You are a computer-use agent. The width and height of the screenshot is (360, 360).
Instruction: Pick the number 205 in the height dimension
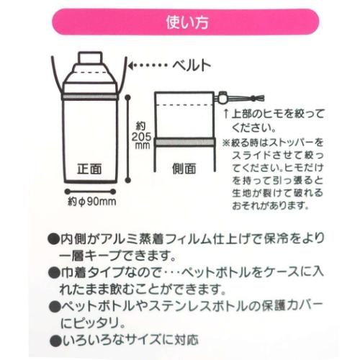[x=140, y=137]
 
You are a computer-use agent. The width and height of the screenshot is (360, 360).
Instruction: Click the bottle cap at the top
[x=89, y=55]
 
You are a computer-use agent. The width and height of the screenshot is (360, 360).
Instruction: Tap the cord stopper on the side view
[x=224, y=96]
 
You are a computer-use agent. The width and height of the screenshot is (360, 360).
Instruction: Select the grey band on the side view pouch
[x=186, y=144]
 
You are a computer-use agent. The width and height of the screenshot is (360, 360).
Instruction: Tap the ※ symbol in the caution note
[x=225, y=142]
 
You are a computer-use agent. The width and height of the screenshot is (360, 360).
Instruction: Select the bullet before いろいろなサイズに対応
[x=54, y=337]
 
